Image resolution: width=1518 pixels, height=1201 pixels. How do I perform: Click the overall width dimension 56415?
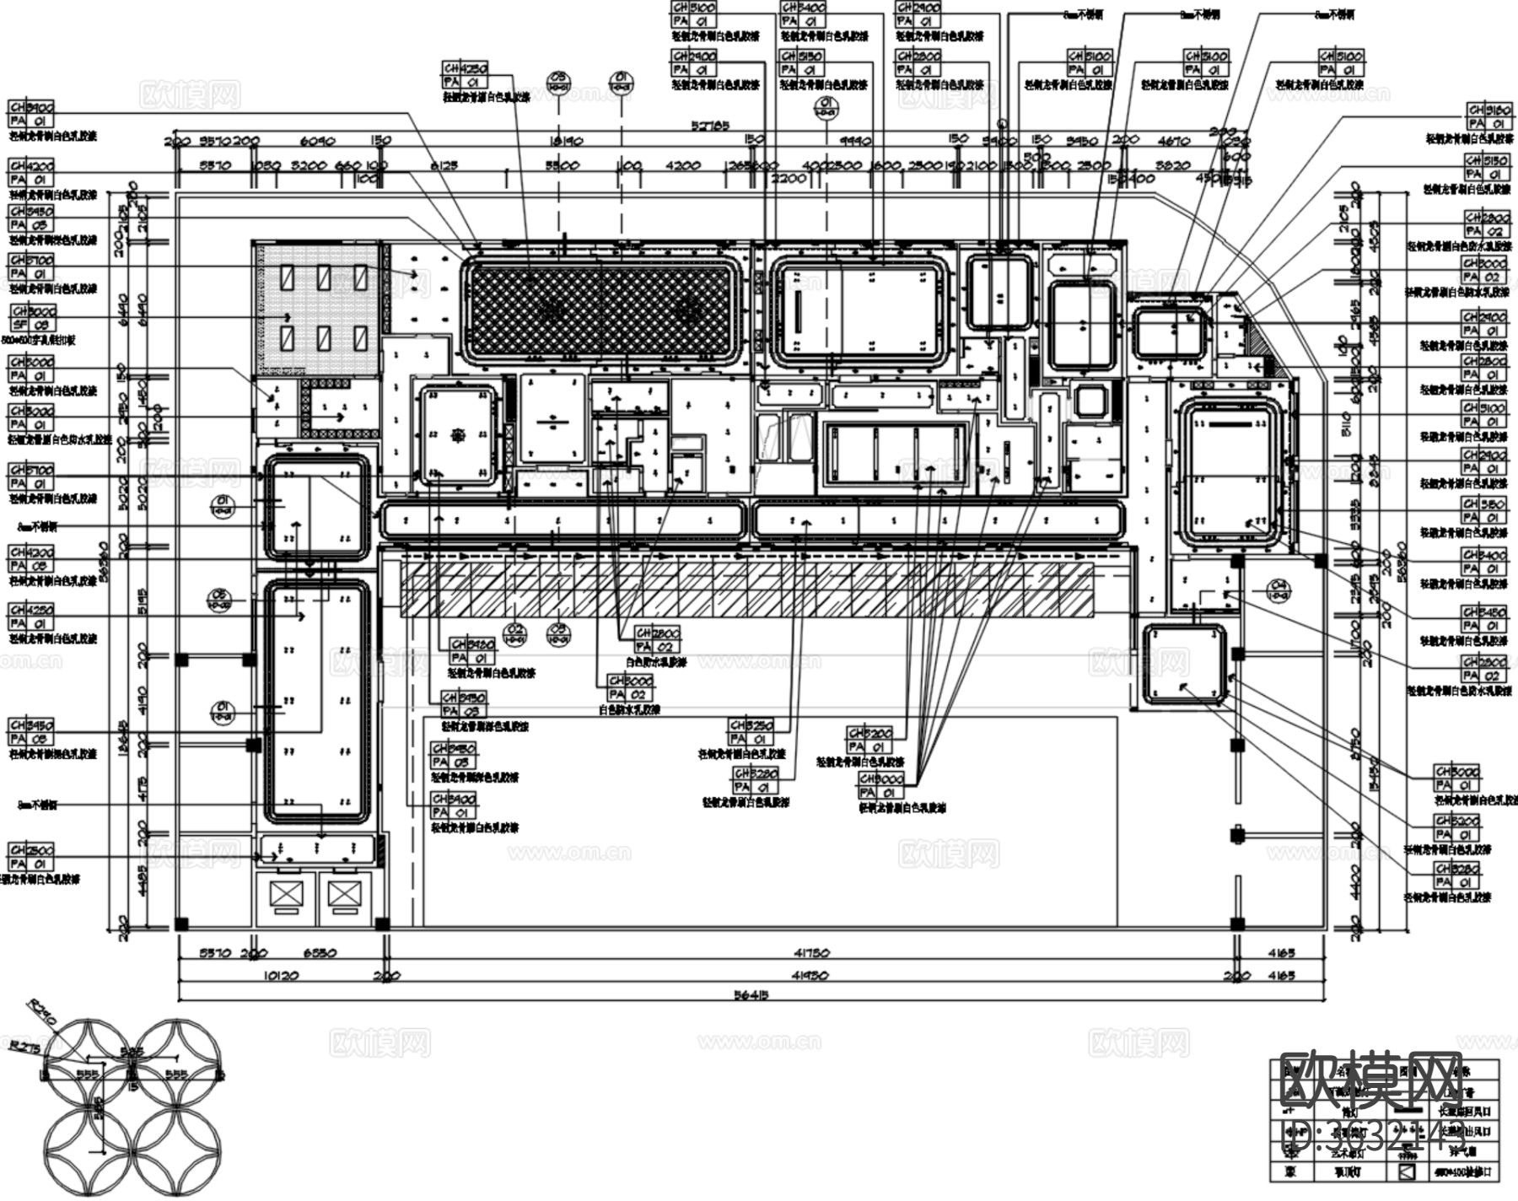pyautogui.click(x=751, y=994)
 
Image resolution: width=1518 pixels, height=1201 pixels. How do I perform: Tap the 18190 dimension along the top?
pyautogui.click(x=567, y=142)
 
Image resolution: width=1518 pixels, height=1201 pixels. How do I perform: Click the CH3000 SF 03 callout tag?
pyautogui.click(x=32, y=318)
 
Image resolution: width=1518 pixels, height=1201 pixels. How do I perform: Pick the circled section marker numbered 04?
pyautogui.click(x=1278, y=590)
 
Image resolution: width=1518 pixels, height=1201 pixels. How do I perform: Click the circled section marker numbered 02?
pyautogui.click(x=514, y=633)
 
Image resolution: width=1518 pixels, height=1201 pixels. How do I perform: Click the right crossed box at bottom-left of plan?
pyautogui.click(x=343, y=895)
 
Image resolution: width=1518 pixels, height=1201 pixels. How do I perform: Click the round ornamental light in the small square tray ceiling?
pyautogui.click(x=456, y=435)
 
